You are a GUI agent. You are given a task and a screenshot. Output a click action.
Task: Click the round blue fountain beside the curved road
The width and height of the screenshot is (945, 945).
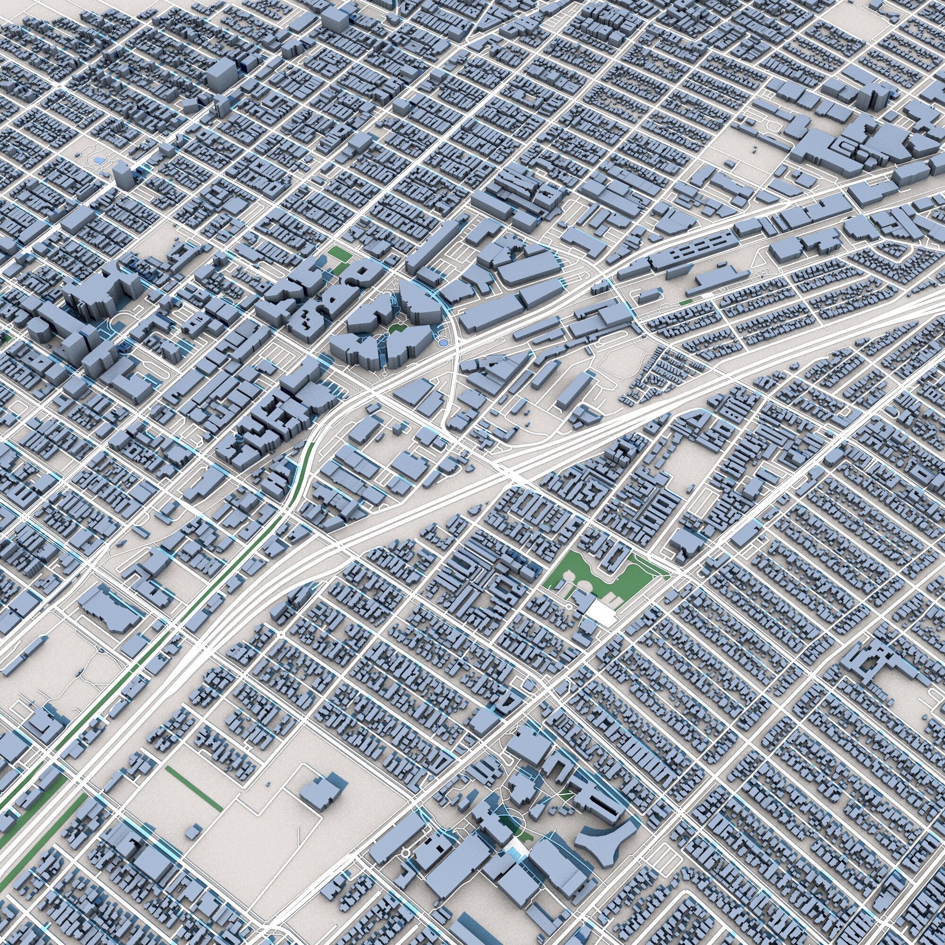[442, 344]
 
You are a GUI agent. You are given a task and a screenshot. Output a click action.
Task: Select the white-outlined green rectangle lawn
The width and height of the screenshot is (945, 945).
[336, 253]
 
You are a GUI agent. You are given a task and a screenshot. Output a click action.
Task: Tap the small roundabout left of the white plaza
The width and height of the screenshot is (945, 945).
[569, 607]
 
